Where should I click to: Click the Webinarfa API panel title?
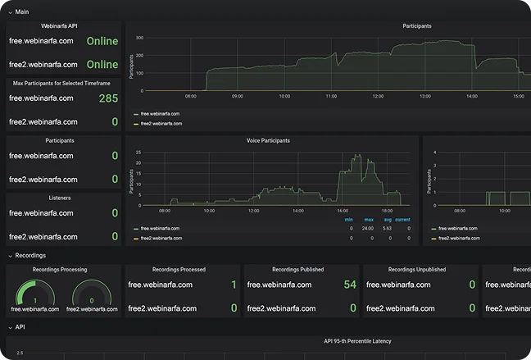pyautogui.click(x=64, y=26)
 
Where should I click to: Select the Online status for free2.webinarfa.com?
pyautogui.click(x=102, y=64)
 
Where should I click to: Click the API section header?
pyautogui.click(x=20, y=326)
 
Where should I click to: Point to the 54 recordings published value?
pyautogui.click(x=350, y=285)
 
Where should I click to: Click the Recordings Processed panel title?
pyautogui.click(x=179, y=269)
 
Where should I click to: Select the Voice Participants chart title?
pyautogui.click(x=268, y=141)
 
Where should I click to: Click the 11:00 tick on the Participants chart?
pyautogui.click(x=331, y=96)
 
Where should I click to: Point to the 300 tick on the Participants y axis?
pyautogui.click(x=140, y=39)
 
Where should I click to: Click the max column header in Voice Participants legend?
pyautogui.click(x=369, y=220)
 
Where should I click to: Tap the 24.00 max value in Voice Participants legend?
pyautogui.click(x=369, y=229)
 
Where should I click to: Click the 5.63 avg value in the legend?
pyautogui.click(x=386, y=229)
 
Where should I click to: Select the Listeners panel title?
pyautogui.click(x=64, y=198)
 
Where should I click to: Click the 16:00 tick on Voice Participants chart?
pyautogui.click(x=343, y=211)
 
